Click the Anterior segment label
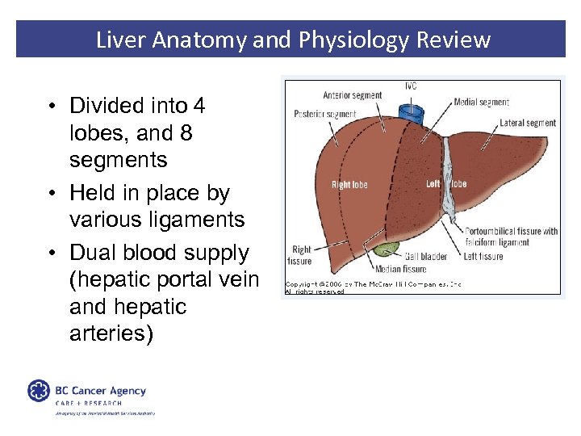click(352, 95)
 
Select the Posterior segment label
click(325, 114)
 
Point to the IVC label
click(411, 86)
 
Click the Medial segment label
click(481, 103)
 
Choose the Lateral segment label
click(528, 123)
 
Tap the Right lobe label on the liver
click(349, 185)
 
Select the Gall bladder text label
click(424, 257)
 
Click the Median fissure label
click(399, 269)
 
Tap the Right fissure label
click(300, 256)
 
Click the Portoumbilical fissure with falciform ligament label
click(511, 237)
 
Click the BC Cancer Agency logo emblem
click(39, 392)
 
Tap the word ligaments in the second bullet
click(205, 219)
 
